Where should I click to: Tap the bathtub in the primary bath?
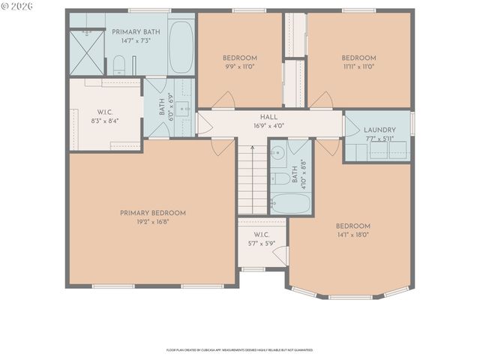[x=181, y=47]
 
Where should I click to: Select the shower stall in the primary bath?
[x=86, y=52]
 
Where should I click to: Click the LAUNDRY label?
[x=379, y=130]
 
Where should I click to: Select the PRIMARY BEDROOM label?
[x=152, y=213]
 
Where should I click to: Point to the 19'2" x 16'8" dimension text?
[x=152, y=222]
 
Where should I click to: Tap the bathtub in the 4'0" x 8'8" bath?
[x=289, y=202]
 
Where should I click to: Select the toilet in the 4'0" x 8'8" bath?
[x=277, y=178]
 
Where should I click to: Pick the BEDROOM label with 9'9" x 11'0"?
[x=240, y=58]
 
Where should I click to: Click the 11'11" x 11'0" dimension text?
[x=359, y=67]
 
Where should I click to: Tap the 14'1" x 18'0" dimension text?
[x=352, y=235]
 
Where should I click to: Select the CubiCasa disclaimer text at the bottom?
[x=239, y=349]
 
